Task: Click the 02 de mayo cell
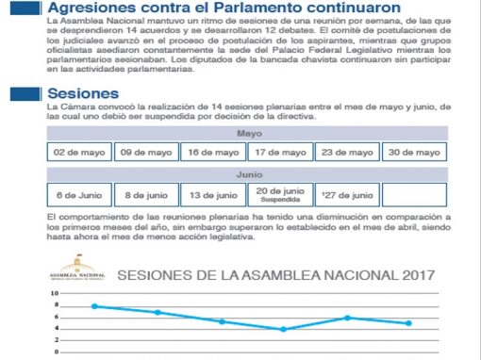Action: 80,153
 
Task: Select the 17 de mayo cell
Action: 280,153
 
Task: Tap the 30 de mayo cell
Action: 413,153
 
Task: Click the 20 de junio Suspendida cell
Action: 280,195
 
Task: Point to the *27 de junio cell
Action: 346,195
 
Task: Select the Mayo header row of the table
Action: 247,133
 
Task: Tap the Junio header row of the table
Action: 247,175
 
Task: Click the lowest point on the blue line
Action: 284,329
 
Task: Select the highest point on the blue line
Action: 93,306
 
